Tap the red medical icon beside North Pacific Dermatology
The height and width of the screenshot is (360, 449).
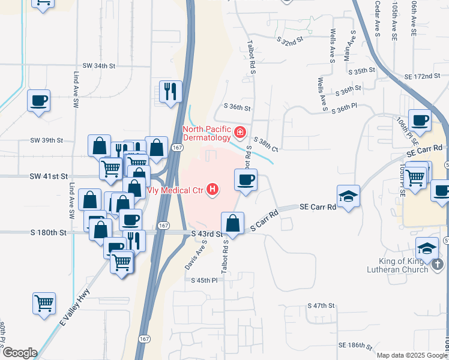coord(240,131)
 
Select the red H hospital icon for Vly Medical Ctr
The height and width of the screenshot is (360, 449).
coord(212,190)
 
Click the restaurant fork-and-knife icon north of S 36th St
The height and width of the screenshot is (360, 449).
coord(170,92)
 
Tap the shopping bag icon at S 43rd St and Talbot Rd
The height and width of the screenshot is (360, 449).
coord(232,223)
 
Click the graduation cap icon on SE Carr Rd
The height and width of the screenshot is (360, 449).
coord(348,196)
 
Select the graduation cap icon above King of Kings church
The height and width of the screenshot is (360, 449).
coord(427,248)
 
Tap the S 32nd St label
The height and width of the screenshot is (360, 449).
coord(289,41)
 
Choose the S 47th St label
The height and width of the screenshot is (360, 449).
coord(321,305)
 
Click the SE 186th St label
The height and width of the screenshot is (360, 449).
coord(355,346)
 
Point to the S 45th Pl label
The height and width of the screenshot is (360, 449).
coord(204,280)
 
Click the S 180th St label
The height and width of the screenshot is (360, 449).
coord(49,232)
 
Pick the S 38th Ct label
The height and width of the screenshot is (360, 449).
coord(266,143)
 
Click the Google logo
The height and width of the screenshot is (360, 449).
coord(19,353)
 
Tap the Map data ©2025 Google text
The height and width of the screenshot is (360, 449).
coord(411,355)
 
